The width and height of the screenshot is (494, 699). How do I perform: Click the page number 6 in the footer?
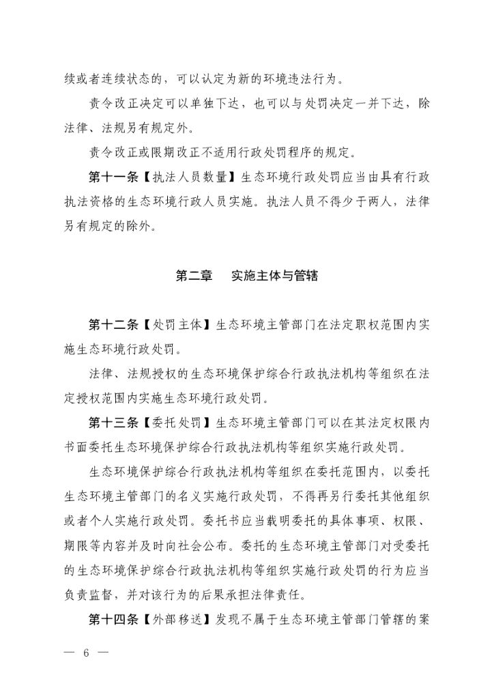(x=87, y=651)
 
